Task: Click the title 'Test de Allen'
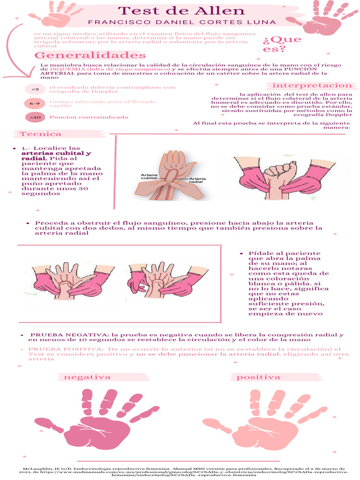180,11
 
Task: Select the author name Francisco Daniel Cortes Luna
182,22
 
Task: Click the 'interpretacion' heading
312,85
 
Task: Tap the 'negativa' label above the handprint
87,377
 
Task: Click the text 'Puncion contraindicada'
89,117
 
